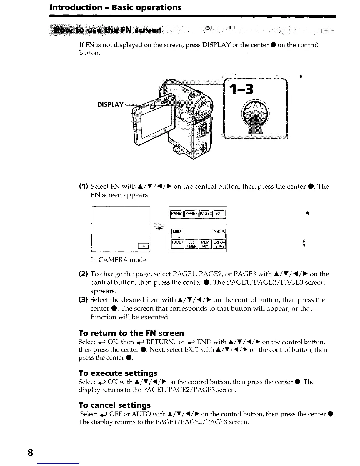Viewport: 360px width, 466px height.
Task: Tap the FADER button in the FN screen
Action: coord(178,244)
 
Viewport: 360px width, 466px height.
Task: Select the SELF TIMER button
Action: coord(191,244)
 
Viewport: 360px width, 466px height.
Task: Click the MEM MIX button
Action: coord(205,244)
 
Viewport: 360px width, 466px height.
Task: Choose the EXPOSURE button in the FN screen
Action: coord(219,244)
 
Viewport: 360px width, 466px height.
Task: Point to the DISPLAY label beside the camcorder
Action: coord(111,105)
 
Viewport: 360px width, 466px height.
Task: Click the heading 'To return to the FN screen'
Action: coord(131,333)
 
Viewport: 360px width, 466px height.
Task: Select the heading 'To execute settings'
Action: coord(118,373)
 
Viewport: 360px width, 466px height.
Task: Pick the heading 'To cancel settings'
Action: coord(115,405)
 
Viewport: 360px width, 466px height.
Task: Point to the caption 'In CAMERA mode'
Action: coord(119,260)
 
